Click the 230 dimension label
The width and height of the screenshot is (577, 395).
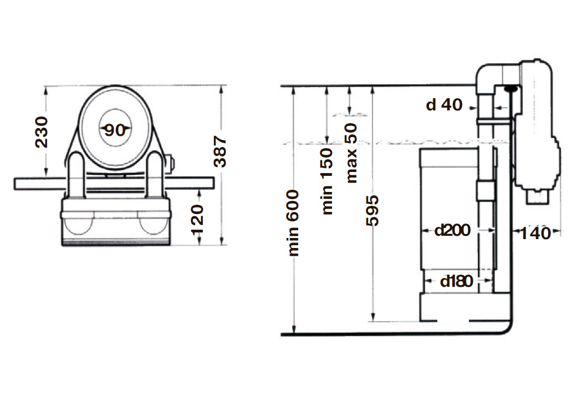click(42, 132)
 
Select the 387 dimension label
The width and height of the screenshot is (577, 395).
click(220, 151)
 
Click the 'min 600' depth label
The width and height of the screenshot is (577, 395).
click(293, 223)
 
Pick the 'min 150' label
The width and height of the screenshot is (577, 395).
click(326, 181)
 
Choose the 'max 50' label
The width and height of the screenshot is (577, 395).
click(351, 153)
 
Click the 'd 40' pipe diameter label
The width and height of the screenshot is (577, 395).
click(444, 105)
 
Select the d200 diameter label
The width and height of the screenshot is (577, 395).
click(452, 230)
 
